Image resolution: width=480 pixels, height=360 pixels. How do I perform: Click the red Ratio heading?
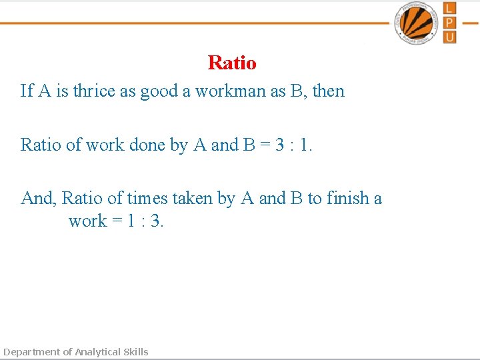pos(232,63)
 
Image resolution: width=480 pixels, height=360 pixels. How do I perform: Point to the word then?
pos(328,91)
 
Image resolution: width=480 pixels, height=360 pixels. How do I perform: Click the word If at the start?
pos(27,91)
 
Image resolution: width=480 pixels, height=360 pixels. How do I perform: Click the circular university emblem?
pos(416,23)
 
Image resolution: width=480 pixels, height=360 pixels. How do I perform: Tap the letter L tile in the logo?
pos(449,8)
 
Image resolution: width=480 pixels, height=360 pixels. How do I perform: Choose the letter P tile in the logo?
pos(449,23)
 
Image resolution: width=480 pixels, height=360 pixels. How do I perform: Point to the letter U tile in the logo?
pos(449,37)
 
